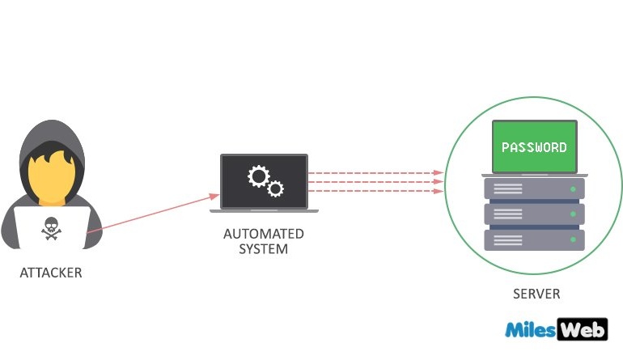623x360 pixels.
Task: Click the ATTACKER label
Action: [x=51, y=273]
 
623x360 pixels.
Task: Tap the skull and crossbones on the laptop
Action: [x=51, y=228]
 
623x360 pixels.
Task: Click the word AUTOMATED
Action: [x=264, y=234]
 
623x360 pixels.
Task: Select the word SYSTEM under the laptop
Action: [x=264, y=249]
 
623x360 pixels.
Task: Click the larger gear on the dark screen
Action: [x=259, y=176]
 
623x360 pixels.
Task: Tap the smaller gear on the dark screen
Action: [x=275, y=188]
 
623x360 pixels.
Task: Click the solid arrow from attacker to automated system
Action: [x=153, y=213]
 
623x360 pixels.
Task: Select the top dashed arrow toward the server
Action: [x=376, y=173]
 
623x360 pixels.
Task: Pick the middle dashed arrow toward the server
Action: [x=376, y=182]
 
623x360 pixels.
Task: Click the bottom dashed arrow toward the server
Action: [x=376, y=191]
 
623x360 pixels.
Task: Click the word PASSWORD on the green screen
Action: [x=534, y=147]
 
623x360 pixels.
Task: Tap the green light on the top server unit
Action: [x=573, y=189]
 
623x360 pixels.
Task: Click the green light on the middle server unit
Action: [x=573, y=214]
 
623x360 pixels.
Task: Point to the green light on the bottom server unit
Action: [x=573, y=239]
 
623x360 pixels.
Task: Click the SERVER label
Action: [x=536, y=294]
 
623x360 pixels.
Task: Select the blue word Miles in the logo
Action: [x=531, y=329]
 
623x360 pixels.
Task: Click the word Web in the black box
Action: [x=583, y=329]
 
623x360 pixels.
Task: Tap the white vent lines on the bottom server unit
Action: [x=508, y=240]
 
